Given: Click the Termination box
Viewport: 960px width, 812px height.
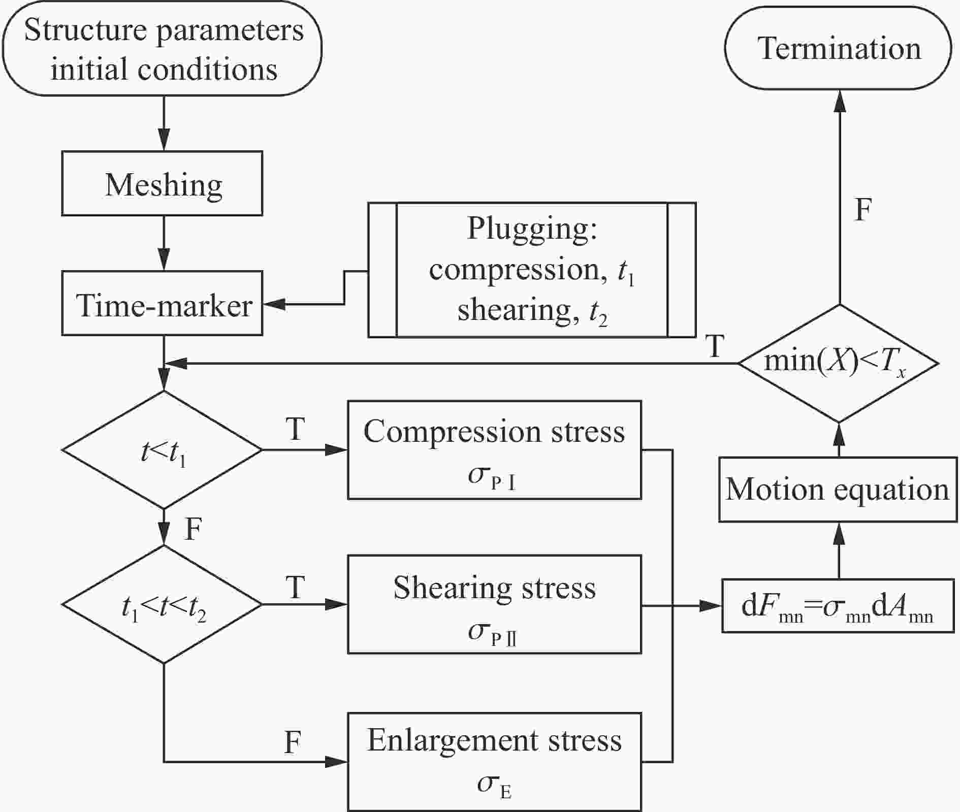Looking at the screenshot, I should [x=838, y=49].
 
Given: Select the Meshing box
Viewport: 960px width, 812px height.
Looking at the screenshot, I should [x=162, y=183].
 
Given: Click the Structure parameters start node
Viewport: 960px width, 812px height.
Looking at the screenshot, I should [x=163, y=49].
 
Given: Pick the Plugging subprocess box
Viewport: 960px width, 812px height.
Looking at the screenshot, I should [x=532, y=270].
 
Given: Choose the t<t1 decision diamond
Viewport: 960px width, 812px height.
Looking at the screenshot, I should [x=163, y=450].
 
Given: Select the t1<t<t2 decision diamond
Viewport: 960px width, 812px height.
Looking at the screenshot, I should [x=163, y=604].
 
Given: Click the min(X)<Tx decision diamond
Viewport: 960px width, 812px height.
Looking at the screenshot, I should [x=838, y=364].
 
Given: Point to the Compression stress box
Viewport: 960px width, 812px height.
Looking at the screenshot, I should [x=494, y=450].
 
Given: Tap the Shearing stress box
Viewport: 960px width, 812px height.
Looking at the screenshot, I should [x=494, y=604].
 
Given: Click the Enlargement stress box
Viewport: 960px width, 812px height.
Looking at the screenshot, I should [x=494, y=762].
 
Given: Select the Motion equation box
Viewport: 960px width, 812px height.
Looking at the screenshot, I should [x=838, y=490].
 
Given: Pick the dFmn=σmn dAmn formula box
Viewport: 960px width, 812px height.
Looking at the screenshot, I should [x=838, y=605].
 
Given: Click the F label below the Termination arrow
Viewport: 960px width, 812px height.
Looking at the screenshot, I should [x=863, y=209].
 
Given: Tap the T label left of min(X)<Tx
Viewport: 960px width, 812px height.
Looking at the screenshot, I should [x=715, y=346].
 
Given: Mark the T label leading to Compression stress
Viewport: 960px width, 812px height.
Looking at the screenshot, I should [x=296, y=430].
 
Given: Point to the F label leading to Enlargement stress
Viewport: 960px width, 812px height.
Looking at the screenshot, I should [x=293, y=743].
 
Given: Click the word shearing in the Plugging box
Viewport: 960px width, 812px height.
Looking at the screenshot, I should [x=514, y=310].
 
